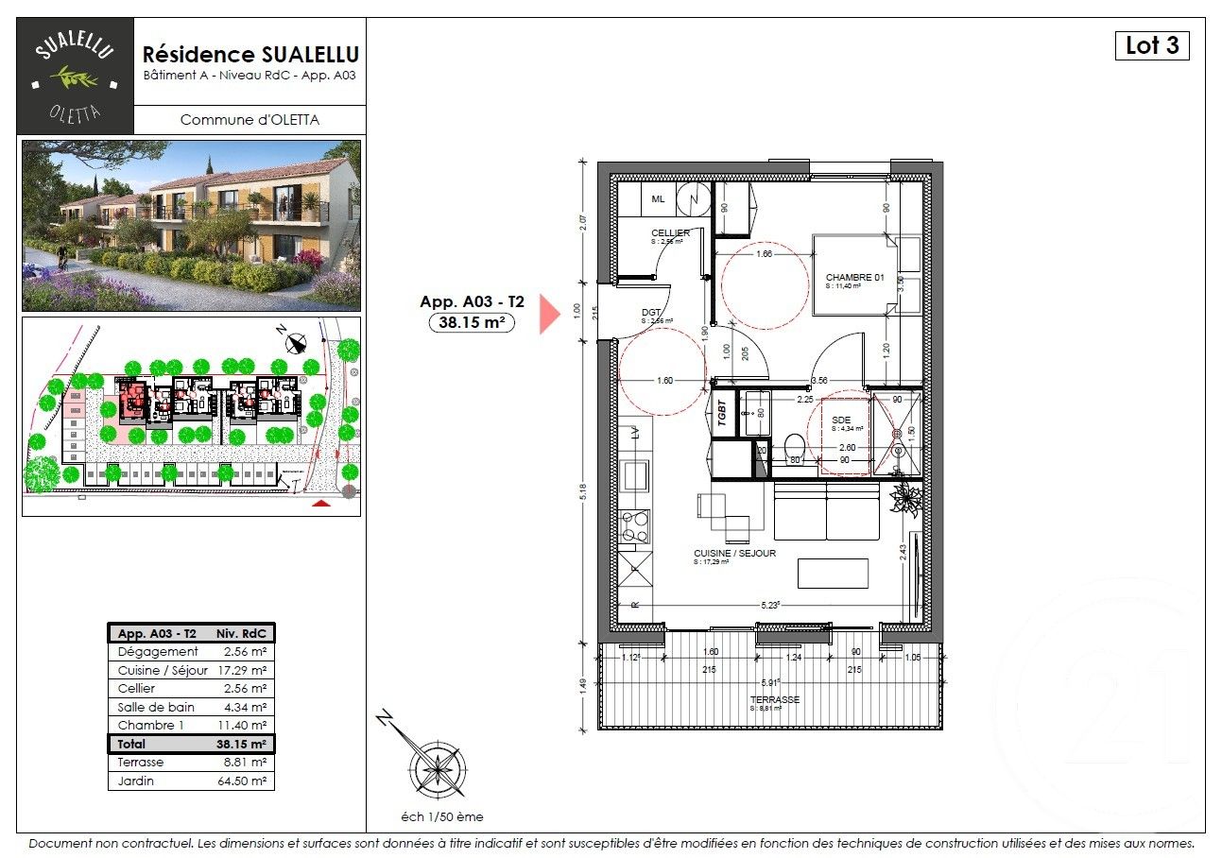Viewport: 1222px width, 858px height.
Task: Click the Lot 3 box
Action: click(x=1151, y=45)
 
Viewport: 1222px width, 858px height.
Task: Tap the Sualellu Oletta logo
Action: click(x=76, y=76)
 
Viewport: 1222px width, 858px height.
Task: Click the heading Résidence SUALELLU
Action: click(x=250, y=54)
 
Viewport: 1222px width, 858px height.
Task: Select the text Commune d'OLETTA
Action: click(x=250, y=120)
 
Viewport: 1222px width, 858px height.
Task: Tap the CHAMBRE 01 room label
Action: click(x=853, y=277)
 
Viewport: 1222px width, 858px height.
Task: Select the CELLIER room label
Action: click(x=669, y=233)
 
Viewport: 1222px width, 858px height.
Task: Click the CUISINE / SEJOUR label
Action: click(x=734, y=554)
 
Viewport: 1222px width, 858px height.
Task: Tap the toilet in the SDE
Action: click(x=795, y=444)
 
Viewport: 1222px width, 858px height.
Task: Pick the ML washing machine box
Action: click(x=658, y=198)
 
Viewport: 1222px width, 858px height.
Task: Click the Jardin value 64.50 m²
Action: click(x=244, y=781)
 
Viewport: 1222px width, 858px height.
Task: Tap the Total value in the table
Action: click(x=244, y=745)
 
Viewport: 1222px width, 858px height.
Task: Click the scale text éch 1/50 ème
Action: click(x=441, y=817)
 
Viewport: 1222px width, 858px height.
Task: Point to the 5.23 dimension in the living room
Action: click(x=771, y=606)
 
